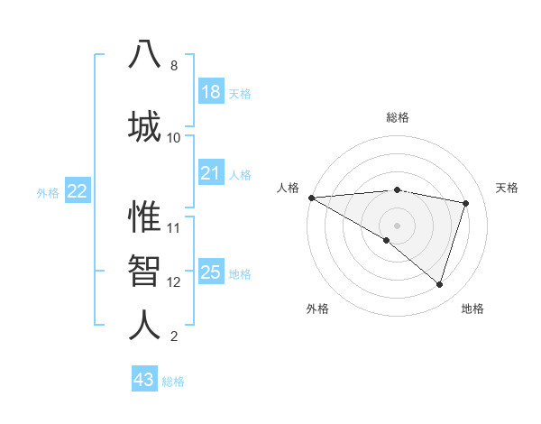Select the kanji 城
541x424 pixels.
pos(144,124)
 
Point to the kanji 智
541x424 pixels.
pos(144,269)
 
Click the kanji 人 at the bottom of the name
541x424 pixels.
pos(144,323)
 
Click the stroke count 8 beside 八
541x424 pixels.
pos(174,66)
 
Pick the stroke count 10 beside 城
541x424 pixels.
pos(174,137)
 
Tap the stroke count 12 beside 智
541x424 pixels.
pos(174,282)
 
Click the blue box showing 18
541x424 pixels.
pos(211,92)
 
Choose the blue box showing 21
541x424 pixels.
pos(211,173)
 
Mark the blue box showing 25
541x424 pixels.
pos(211,272)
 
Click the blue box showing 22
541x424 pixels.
pos(78,191)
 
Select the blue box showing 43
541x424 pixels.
pos(144,380)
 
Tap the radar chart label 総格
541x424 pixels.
pos(397,117)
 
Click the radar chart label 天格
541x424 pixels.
pos(508,188)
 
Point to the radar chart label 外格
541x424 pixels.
pos(317,309)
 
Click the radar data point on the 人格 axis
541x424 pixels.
pos(311,198)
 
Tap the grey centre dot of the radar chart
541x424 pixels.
pos(397,225)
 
